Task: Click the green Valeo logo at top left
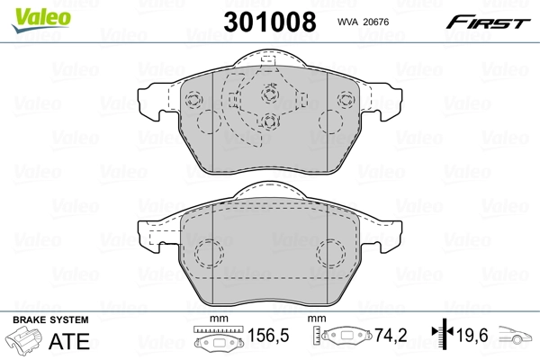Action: tap(41, 19)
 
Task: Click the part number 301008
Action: tap(270, 22)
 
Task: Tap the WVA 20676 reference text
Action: tap(363, 22)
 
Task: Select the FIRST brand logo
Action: tap(488, 22)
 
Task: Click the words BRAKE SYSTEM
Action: tap(50, 320)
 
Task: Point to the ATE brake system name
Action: tap(69, 341)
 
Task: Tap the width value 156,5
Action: tap(268, 335)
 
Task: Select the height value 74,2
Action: tap(391, 335)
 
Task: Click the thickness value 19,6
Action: tap(472, 335)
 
